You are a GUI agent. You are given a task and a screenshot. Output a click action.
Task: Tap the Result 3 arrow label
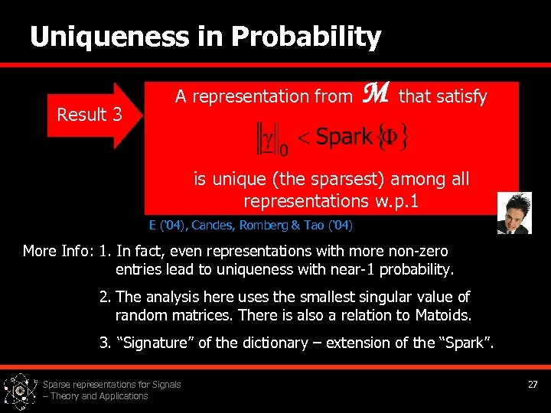click(90, 115)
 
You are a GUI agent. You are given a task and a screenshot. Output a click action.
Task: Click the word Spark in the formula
click(344, 137)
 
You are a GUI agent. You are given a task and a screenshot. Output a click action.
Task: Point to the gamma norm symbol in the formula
click(268, 138)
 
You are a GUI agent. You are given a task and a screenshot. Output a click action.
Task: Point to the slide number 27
click(533, 384)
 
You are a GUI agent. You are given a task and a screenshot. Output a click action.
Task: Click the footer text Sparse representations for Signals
click(112, 384)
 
